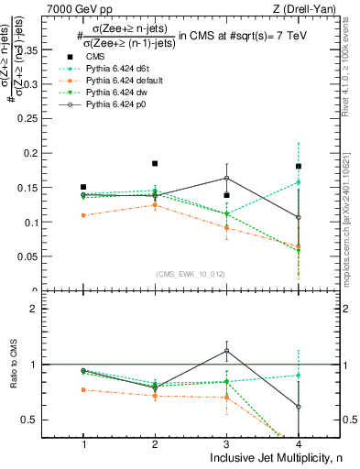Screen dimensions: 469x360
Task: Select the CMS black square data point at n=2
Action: (155, 164)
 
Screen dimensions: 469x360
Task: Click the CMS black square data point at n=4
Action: (299, 167)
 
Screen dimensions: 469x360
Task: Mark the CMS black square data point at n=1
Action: (83, 187)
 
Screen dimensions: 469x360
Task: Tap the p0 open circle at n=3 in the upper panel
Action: (226, 178)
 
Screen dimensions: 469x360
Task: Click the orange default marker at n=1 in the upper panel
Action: (83, 215)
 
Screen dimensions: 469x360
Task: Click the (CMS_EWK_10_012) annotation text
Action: (191, 273)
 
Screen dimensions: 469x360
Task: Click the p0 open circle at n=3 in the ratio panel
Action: (226, 351)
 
